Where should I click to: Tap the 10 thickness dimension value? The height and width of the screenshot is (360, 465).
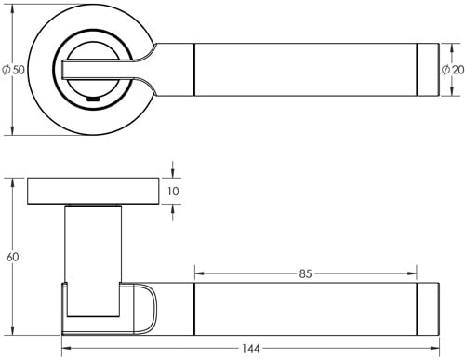[174, 192]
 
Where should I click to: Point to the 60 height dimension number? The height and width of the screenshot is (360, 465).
[11, 257]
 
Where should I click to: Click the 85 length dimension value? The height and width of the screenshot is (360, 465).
[306, 274]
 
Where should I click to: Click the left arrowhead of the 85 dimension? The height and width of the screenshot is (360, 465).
[197, 274]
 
